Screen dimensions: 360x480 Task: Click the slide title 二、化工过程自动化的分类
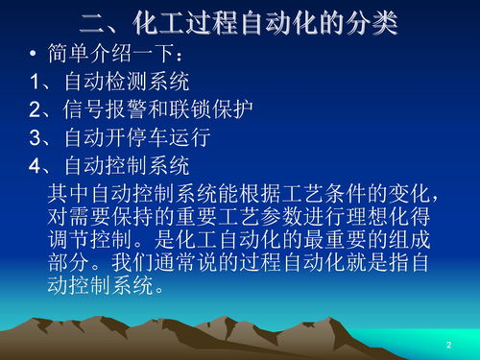coord(239,21)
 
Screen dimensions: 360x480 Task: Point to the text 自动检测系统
coord(126,81)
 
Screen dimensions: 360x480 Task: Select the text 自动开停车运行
coord(136,137)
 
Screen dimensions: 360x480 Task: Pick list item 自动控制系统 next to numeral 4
coord(126,165)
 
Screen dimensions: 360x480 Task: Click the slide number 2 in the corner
coord(448,344)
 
